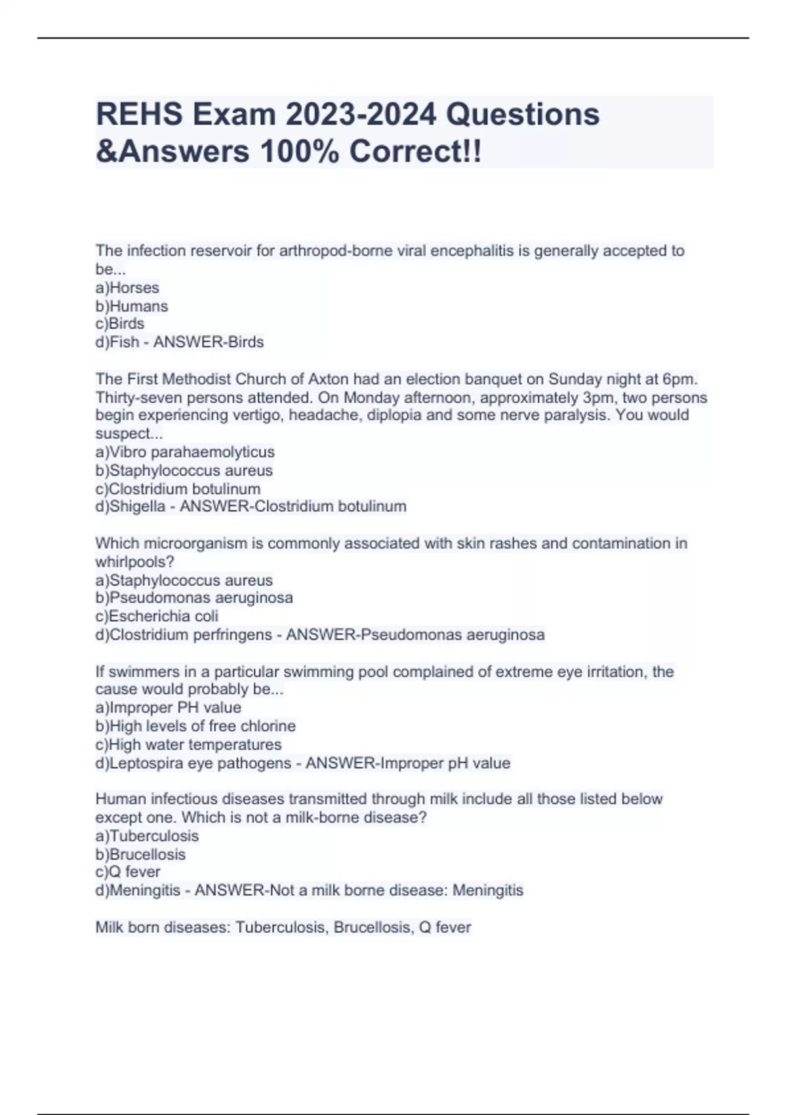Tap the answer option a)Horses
127,288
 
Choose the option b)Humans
132,306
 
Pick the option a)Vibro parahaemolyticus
185,452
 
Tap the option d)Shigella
131,506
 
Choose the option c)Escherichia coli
157,616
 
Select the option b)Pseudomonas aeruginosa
194,598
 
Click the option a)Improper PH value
169,708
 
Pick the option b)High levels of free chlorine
195,726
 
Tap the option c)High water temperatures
188,744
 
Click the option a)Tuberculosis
147,836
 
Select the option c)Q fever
128,872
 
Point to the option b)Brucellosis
140,855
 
